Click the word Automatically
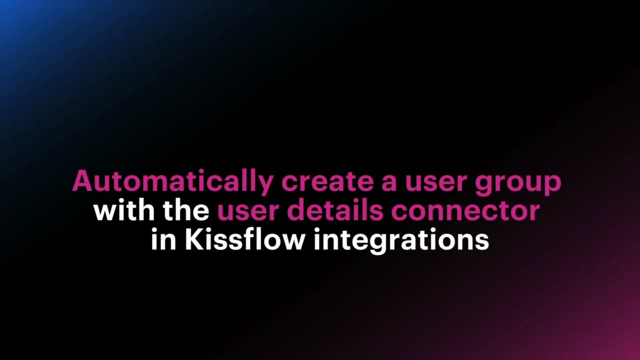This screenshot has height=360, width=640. click(173, 182)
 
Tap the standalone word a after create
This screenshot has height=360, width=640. click(389, 183)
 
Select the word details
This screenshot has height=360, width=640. click(335, 210)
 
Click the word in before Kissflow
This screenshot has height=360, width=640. click(163, 239)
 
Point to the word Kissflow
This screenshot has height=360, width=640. click(244, 239)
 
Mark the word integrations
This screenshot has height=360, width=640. click(401, 241)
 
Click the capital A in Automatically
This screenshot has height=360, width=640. click(84, 181)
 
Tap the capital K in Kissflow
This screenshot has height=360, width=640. click(195, 239)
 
